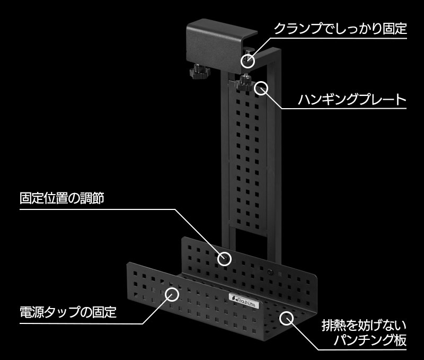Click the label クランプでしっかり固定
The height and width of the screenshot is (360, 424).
(340, 29)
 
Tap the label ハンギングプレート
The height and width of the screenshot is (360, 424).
(352, 99)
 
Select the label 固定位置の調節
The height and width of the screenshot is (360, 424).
(62, 198)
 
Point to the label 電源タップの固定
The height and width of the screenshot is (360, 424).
(68, 312)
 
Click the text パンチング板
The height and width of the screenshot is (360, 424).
(370, 340)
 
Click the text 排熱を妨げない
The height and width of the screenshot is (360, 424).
(364, 326)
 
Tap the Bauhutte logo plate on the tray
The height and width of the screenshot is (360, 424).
(244, 301)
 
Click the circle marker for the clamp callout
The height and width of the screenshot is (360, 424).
(248, 61)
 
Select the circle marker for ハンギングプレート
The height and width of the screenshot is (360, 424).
(261, 88)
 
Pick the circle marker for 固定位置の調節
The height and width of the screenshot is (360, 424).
(224, 259)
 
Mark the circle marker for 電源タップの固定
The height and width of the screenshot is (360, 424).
(172, 294)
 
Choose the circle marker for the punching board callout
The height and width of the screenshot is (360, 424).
(286, 318)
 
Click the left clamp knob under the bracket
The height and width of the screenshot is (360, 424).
(200, 72)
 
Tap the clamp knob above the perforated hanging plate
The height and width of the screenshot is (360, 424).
(245, 84)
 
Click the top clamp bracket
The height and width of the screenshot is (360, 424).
(221, 45)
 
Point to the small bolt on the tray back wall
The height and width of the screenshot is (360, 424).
(270, 272)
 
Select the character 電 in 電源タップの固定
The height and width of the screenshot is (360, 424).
(26, 312)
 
